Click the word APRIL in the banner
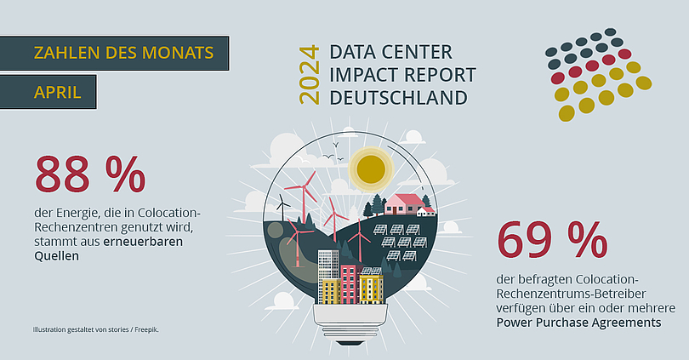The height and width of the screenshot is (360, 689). point(58,92)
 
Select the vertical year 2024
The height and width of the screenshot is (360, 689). point(310,75)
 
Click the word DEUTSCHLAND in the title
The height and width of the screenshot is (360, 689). point(399,98)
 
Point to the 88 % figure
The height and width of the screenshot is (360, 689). point(89,174)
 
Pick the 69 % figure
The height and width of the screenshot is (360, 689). point(552,240)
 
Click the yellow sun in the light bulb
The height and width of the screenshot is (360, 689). point(371,169)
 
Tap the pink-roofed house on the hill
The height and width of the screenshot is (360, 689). point(401,204)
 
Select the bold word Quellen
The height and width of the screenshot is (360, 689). point(57,256)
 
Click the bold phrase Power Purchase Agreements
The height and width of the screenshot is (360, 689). point(578,323)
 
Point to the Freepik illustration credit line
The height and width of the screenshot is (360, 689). point(96,329)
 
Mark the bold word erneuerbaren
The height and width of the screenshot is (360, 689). point(143,242)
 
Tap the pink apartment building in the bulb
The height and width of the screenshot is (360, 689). point(350,283)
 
